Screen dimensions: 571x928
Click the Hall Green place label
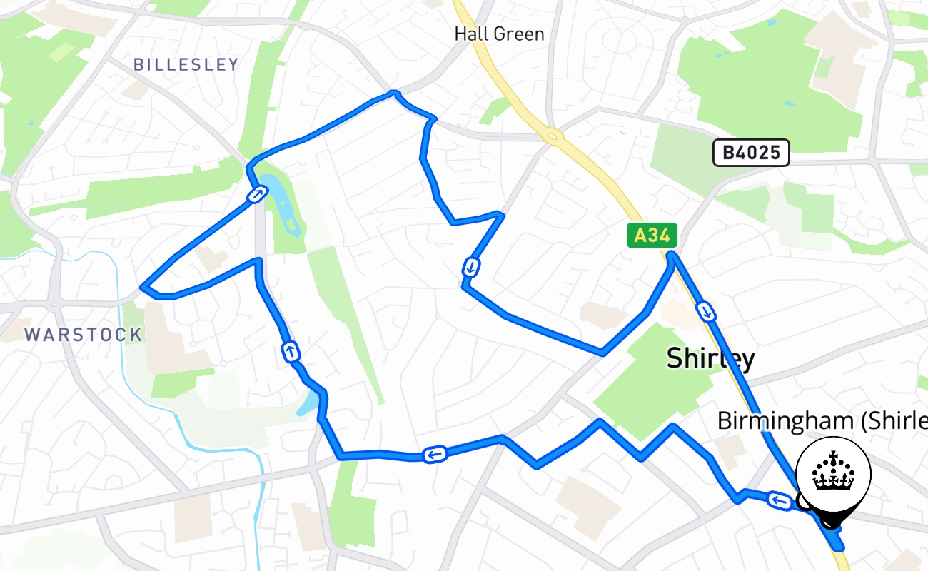(x=500, y=34)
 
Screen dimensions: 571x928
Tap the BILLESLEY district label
(x=186, y=64)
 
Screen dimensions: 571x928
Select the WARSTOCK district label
(x=84, y=334)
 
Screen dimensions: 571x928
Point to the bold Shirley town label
(x=710, y=358)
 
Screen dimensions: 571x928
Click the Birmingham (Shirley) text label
(x=821, y=420)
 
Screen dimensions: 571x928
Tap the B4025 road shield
(x=751, y=153)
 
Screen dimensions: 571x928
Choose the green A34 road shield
(x=652, y=236)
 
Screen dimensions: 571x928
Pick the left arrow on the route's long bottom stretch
(x=435, y=454)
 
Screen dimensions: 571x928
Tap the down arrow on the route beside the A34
(x=706, y=311)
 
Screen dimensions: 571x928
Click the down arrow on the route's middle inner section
(x=471, y=268)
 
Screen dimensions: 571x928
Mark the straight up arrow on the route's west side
(x=291, y=351)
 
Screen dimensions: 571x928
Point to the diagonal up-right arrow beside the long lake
(x=258, y=194)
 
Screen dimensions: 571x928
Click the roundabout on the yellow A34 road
(x=551, y=134)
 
